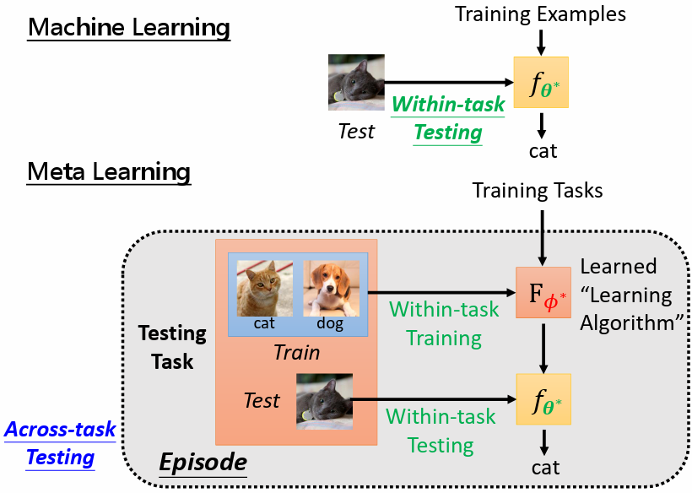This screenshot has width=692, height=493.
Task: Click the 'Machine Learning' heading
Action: tap(128, 27)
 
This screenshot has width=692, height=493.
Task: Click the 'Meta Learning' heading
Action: tap(109, 172)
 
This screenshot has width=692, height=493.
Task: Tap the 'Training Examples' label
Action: tap(541, 14)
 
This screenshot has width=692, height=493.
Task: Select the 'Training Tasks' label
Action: tap(538, 190)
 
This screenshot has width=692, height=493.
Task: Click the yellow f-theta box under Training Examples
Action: tap(541, 82)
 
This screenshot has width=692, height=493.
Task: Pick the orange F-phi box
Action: tap(543, 292)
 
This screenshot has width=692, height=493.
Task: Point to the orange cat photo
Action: tap(264, 287)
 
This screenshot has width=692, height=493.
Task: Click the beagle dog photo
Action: tap(331, 287)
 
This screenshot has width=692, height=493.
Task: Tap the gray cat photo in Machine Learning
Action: tap(356, 82)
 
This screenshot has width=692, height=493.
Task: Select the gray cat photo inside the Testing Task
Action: tap(324, 402)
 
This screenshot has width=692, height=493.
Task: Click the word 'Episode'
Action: tap(203, 463)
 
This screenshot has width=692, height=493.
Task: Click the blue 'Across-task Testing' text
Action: tap(60, 443)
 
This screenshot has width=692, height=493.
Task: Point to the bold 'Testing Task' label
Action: tap(172, 347)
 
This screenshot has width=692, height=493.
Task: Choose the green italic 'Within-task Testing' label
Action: tap(448, 118)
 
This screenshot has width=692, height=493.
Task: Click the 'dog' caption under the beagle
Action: tap(330, 323)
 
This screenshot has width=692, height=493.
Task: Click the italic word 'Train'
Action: tap(296, 351)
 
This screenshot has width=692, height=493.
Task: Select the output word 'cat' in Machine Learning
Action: tap(543, 151)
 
